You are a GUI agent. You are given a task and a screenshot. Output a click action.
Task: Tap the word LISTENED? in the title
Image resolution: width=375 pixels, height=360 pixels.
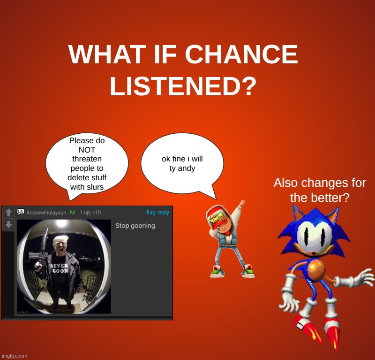pyautogui.click(x=183, y=86)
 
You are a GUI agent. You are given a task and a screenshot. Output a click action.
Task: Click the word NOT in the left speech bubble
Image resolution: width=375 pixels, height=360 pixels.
pyautogui.click(x=87, y=150)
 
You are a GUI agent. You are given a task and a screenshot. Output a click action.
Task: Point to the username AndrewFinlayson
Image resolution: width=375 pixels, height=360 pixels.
pyautogui.click(x=46, y=213)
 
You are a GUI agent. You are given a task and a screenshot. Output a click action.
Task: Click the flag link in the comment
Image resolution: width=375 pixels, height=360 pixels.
pyautogui.click(x=150, y=213)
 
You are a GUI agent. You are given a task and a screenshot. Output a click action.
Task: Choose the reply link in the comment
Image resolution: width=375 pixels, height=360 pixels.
pyautogui.click(x=163, y=213)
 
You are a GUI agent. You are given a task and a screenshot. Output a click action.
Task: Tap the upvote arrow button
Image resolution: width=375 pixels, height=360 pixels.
pyautogui.click(x=8, y=213)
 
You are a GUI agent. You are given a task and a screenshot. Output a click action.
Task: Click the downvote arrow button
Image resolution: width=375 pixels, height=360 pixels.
pyautogui.click(x=8, y=225)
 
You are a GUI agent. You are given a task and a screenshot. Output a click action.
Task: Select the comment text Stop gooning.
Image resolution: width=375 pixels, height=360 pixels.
pyautogui.click(x=136, y=226)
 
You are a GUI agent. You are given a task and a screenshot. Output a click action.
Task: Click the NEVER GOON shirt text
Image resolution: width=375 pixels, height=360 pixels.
pyautogui.click(x=60, y=268)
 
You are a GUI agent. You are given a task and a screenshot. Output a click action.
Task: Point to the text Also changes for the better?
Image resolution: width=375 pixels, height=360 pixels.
pyautogui.click(x=320, y=190)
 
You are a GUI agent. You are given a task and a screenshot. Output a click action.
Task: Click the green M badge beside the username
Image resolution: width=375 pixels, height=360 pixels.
pyautogui.click(x=72, y=213)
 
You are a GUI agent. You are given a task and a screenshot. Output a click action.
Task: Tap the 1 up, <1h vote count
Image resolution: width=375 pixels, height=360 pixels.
pyautogui.click(x=90, y=213)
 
